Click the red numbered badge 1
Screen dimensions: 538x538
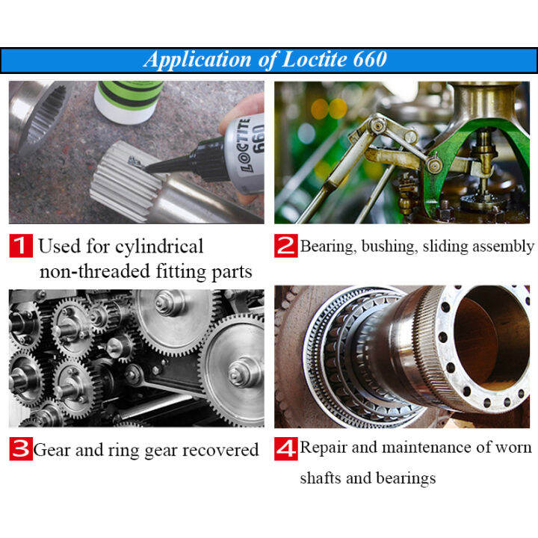[x=20, y=246]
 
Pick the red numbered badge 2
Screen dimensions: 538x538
[x=285, y=246]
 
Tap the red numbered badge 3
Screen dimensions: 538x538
[x=20, y=450]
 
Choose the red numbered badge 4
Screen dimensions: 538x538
[x=285, y=448]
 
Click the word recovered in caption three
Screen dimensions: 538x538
[x=221, y=450]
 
